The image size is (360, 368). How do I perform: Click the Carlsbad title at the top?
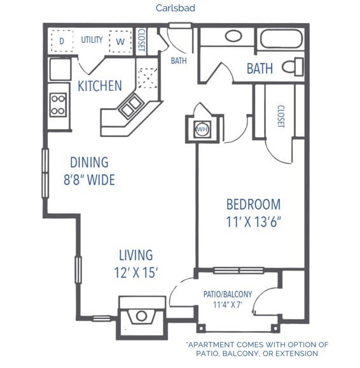coord(175,8)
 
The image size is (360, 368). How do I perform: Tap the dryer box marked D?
coord(62,40)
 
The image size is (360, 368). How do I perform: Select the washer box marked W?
coord(119,41)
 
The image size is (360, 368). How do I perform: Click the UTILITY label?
coord(92,39)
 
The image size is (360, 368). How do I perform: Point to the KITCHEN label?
coord(99,85)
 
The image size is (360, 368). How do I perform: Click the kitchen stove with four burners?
coord(59,104)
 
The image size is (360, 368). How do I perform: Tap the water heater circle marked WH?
coord(203,127)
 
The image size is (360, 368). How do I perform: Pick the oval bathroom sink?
coord(233,36)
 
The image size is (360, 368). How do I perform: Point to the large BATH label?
coord(260,67)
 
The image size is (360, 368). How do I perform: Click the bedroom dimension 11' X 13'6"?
coord(254,222)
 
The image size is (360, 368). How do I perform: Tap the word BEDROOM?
coord(254,204)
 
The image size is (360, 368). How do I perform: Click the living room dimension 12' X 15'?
coord(136,272)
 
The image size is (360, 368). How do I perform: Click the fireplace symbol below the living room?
coord(141,315)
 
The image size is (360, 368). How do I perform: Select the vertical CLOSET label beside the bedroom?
coord(280,117)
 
